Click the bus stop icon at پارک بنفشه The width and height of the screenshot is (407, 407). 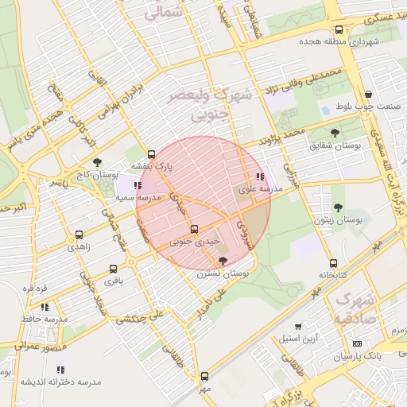pyautogui.click(x=152, y=154)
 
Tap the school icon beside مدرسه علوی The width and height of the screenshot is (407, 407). pyautogui.click(x=260, y=176)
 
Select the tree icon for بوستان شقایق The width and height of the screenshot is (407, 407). pyautogui.click(x=334, y=134)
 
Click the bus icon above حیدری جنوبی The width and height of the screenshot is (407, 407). pyautogui.click(x=195, y=229)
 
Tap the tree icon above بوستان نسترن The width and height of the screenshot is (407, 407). pyautogui.click(x=222, y=261)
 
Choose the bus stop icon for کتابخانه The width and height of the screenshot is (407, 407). pyautogui.click(x=333, y=264)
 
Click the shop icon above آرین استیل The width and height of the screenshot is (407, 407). pyautogui.click(x=298, y=326)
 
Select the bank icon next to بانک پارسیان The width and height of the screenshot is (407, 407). pyautogui.click(x=356, y=343)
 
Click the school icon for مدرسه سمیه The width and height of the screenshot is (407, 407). pyautogui.click(x=138, y=185)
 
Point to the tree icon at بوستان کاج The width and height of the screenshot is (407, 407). pyautogui.click(x=98, y=161)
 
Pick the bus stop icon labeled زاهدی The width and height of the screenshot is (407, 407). pyautogui.click(x=79, y=235)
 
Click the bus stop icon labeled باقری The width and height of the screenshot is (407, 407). pyautogui.click(x=113, y=269)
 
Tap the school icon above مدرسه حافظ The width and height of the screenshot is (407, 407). pyautogui.click(x=45, y=306)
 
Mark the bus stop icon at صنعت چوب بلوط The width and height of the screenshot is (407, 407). pyautogui.click(x=366, y=95)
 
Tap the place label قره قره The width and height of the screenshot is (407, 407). pyautogui.click(x=37, y=287)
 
